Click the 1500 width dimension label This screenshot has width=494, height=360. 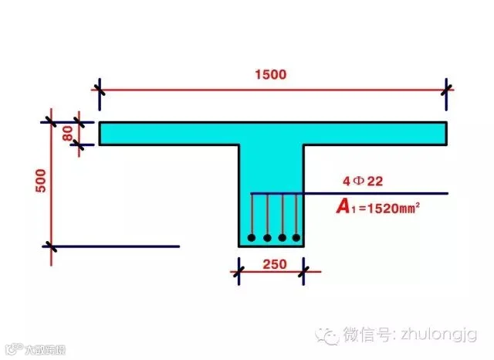(x=270, y=75)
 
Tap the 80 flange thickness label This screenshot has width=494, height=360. (x=69, y=133)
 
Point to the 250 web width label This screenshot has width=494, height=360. (x=271, y=263)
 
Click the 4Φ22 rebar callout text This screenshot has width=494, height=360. (x=364, y=182)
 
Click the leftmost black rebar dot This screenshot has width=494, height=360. (x=251, y=237)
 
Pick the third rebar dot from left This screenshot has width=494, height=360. (x=283, y=237)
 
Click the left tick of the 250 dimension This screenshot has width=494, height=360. (x=239, y=271)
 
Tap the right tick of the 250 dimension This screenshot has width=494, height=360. (x=303, y=271)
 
